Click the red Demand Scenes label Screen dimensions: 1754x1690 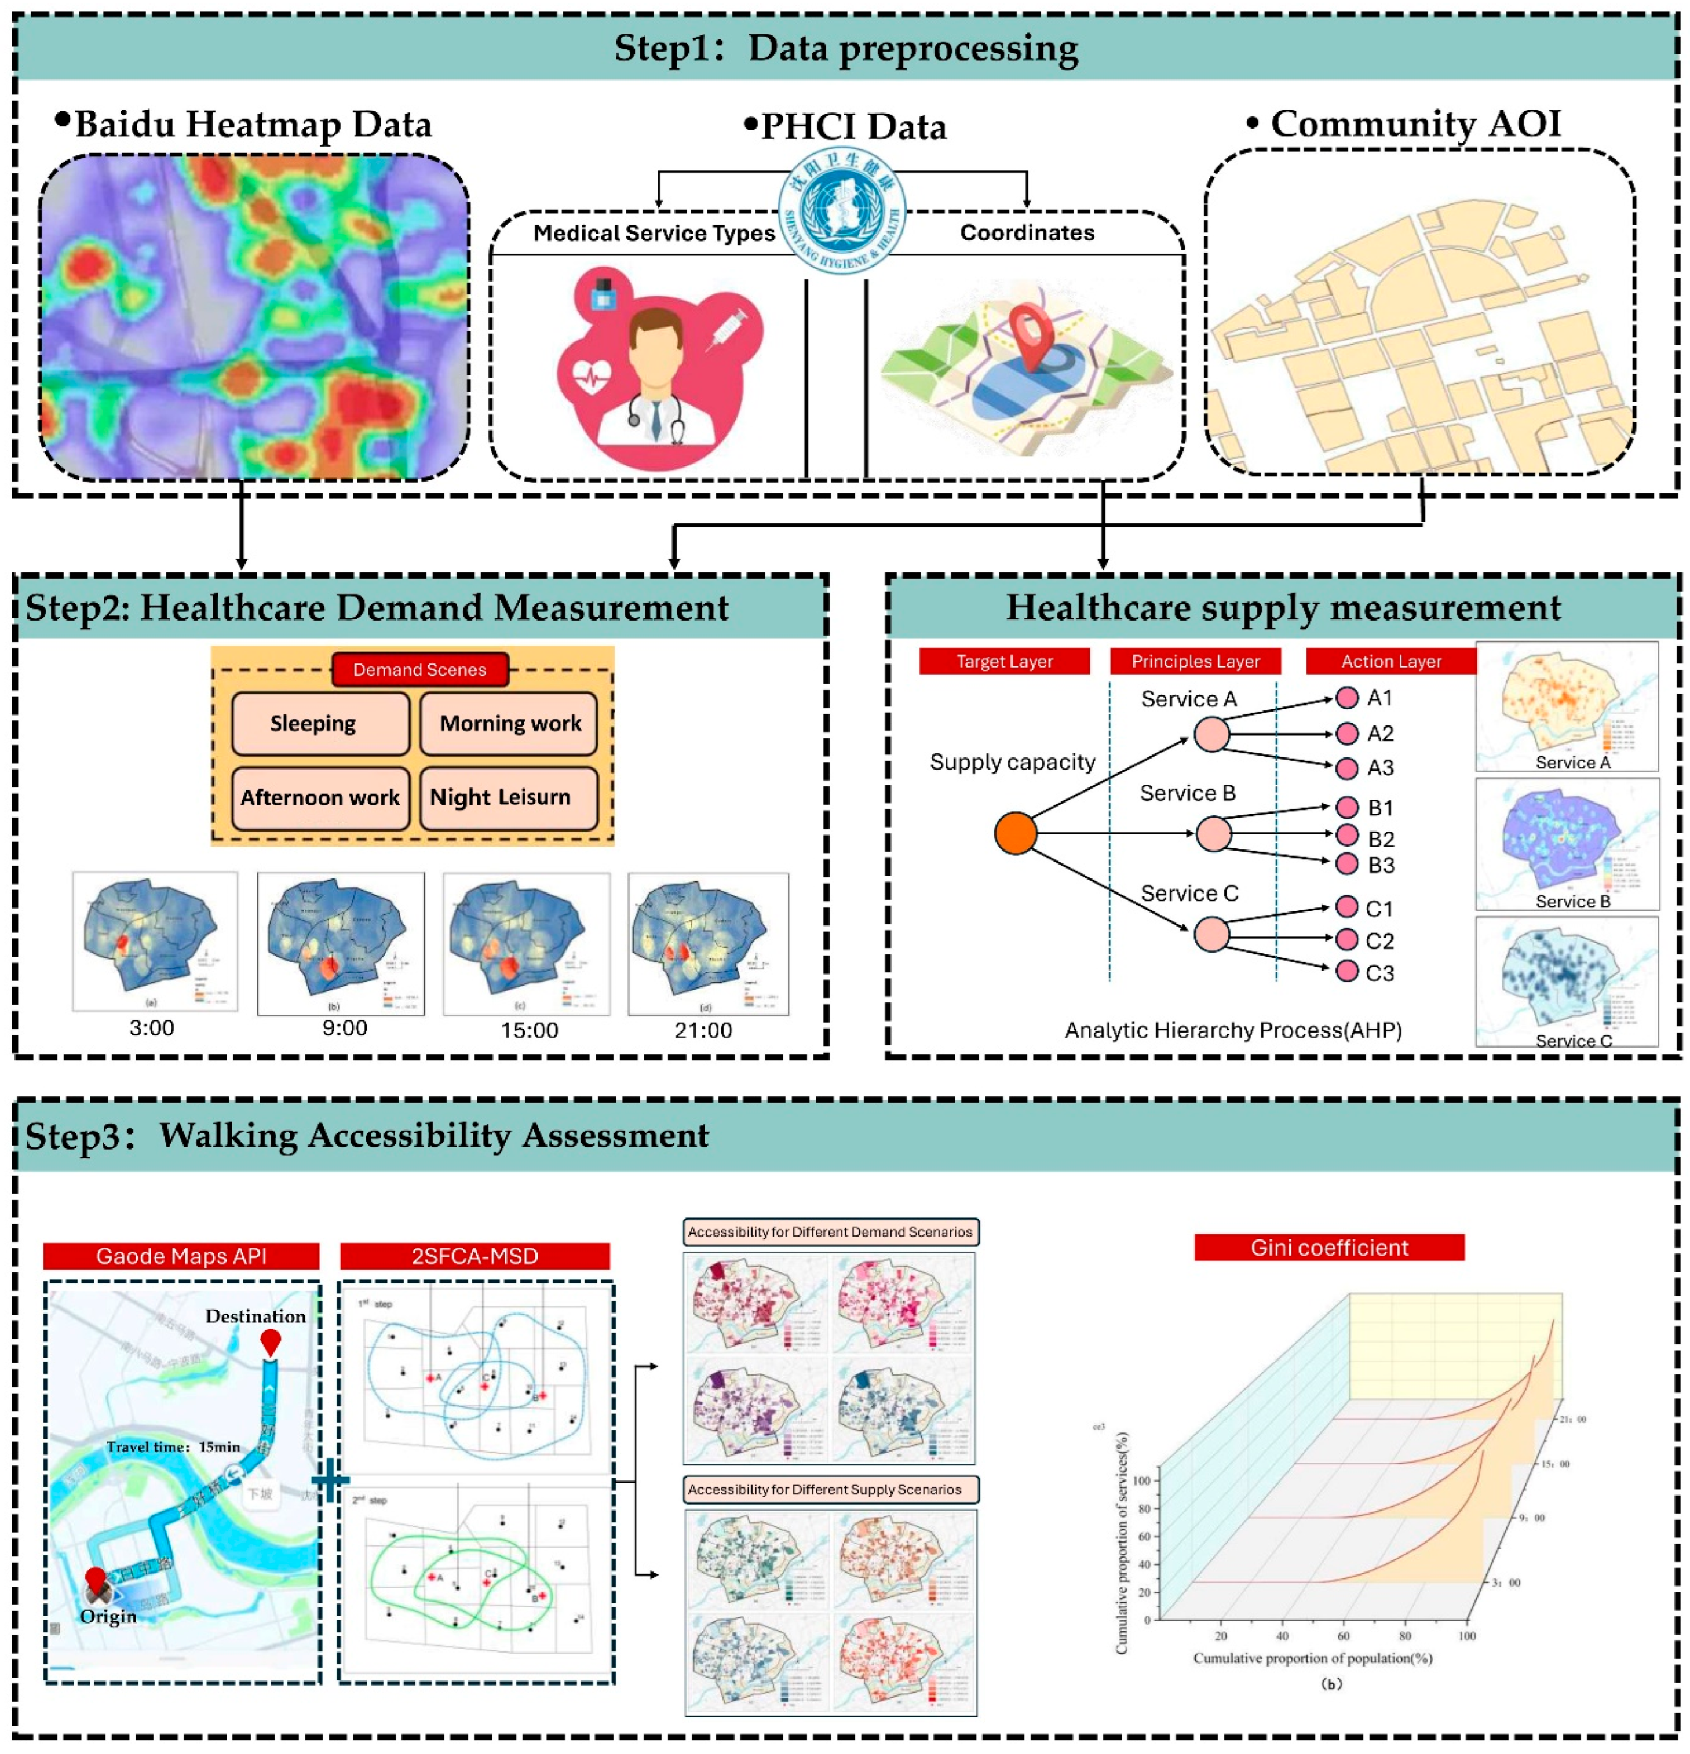[419, 669]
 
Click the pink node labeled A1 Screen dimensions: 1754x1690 [1346, 698]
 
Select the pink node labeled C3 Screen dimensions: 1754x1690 [1346, 971]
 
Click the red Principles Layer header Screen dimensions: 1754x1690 [1195, 661]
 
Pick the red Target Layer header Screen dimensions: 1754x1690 [1004, 661]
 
